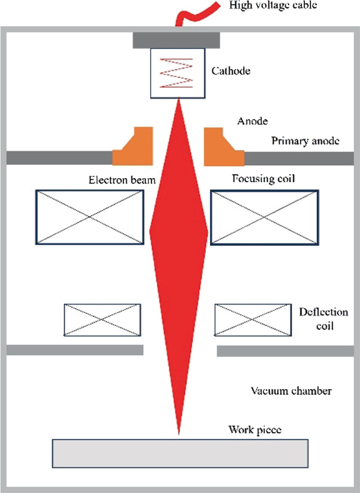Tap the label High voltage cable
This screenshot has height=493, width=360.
(x=273, y=6)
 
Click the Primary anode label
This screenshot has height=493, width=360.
(x=305, y=141)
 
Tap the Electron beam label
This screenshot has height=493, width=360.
(x=122, y=181)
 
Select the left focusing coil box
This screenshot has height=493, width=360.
(x=89, y=217)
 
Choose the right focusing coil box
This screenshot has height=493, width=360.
(x=264, y=217)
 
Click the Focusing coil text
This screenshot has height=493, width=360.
(x=262, y=179)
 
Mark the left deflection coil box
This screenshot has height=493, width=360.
(x=102, y=319)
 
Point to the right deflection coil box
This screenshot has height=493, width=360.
(x=253, y=319)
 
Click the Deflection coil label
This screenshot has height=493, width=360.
(x=323, y=319)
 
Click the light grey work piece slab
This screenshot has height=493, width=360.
(x=180, y=453)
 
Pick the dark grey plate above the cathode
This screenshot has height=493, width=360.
(x=176, y=39)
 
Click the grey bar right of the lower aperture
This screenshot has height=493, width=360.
(x=285, y=351)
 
